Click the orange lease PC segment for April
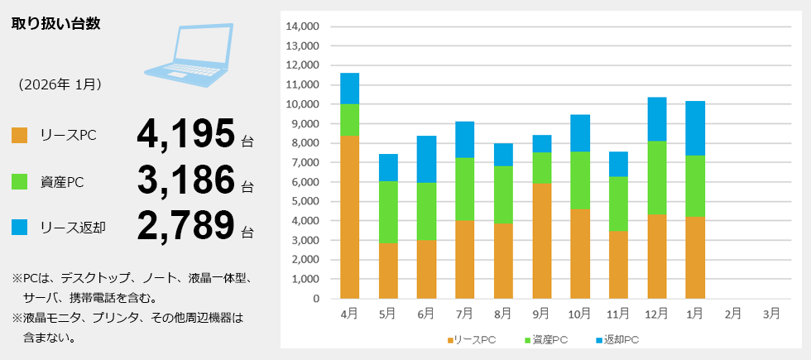[x=349, y=217]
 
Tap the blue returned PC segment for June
[x=426, y=159]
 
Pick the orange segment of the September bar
[x=541, y=241]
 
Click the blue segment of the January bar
[x=694, y=128]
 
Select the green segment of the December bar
[x=656, y=178]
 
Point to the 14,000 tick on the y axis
[x=302, y=26]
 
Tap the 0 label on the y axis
[x=314, y=299]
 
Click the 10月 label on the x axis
[x=579, y=314]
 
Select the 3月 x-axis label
[x=770, y=314]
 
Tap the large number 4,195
[x=186, y=134]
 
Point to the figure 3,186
[x=186, y=180]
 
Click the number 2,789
[x=186, y=225]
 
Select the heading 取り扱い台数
[x=56, y=23]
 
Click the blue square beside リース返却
[x=20, y=226]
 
